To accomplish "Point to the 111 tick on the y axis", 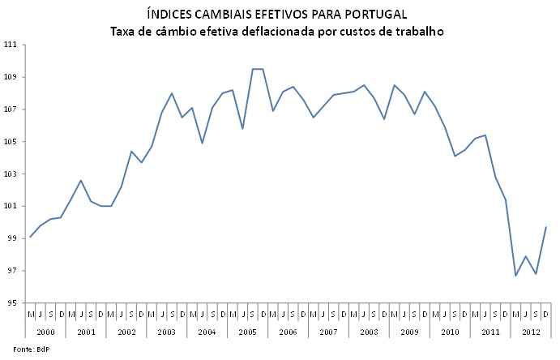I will click(x=11, y=45).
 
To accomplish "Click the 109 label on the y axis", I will click(x=11, y=77).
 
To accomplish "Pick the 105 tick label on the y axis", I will click(x=11, y=142).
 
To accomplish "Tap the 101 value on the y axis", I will click(x=11, y=206).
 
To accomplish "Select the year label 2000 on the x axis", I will click(x=45, y=331).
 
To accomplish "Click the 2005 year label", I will click(x=248, y=331).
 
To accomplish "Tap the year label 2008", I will click(x=370, y=331).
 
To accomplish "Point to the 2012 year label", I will click(x=531, y=331).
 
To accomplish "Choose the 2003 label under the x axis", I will click(x=167, y=331).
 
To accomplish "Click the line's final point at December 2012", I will click(x=546, y=227).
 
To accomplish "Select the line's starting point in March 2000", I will click(x=31, y=237).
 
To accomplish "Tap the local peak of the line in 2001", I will click(x=81, y=180).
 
